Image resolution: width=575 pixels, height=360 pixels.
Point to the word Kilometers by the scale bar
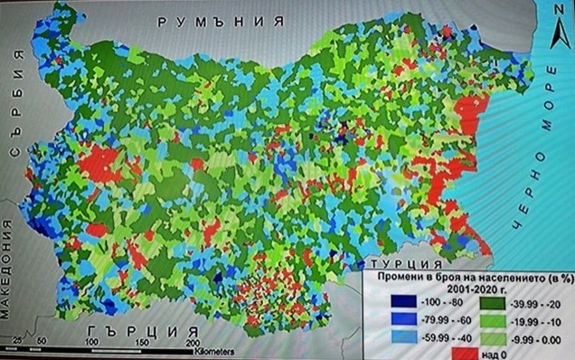click(x=218, y=350)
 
